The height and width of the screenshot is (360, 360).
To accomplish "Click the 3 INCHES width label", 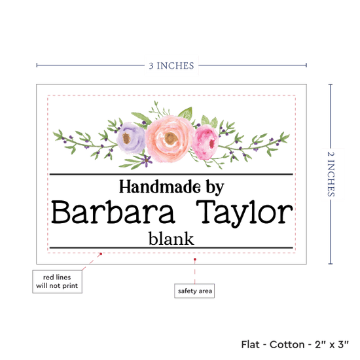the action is [x=171, y=65].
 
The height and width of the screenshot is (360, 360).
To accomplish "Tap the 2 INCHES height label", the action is [x=331, y=174].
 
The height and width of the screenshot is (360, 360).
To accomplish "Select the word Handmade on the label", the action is [x=160, y=187].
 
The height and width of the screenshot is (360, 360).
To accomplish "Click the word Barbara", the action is [x=113, y=212].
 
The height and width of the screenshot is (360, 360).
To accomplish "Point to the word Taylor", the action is [x=245, y=214].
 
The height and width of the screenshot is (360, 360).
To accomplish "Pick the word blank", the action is [x=171, y=238].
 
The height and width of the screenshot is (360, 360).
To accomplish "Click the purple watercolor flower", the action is [x=131, y=137].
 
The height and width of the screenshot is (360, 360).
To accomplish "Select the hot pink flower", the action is [x=205, y=142].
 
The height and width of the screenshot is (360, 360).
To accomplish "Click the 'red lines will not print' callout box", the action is [x=57, y=281].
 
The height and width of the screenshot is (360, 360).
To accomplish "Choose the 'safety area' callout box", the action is [x=194, y=291].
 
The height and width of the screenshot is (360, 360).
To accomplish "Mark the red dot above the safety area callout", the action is [x=194, y=259].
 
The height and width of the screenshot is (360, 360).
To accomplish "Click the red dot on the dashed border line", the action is [x=101, y=254].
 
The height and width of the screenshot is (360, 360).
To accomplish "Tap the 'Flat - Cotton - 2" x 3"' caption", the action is [x=295, y=344].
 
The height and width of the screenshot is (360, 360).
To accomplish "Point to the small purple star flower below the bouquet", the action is [x=146, y=160].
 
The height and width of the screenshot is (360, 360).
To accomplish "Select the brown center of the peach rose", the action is [x=171, y=138].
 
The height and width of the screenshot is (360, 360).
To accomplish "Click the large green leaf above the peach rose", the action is [x=185, y=113].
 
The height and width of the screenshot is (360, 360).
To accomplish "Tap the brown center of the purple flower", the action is [x=126, y=138].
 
